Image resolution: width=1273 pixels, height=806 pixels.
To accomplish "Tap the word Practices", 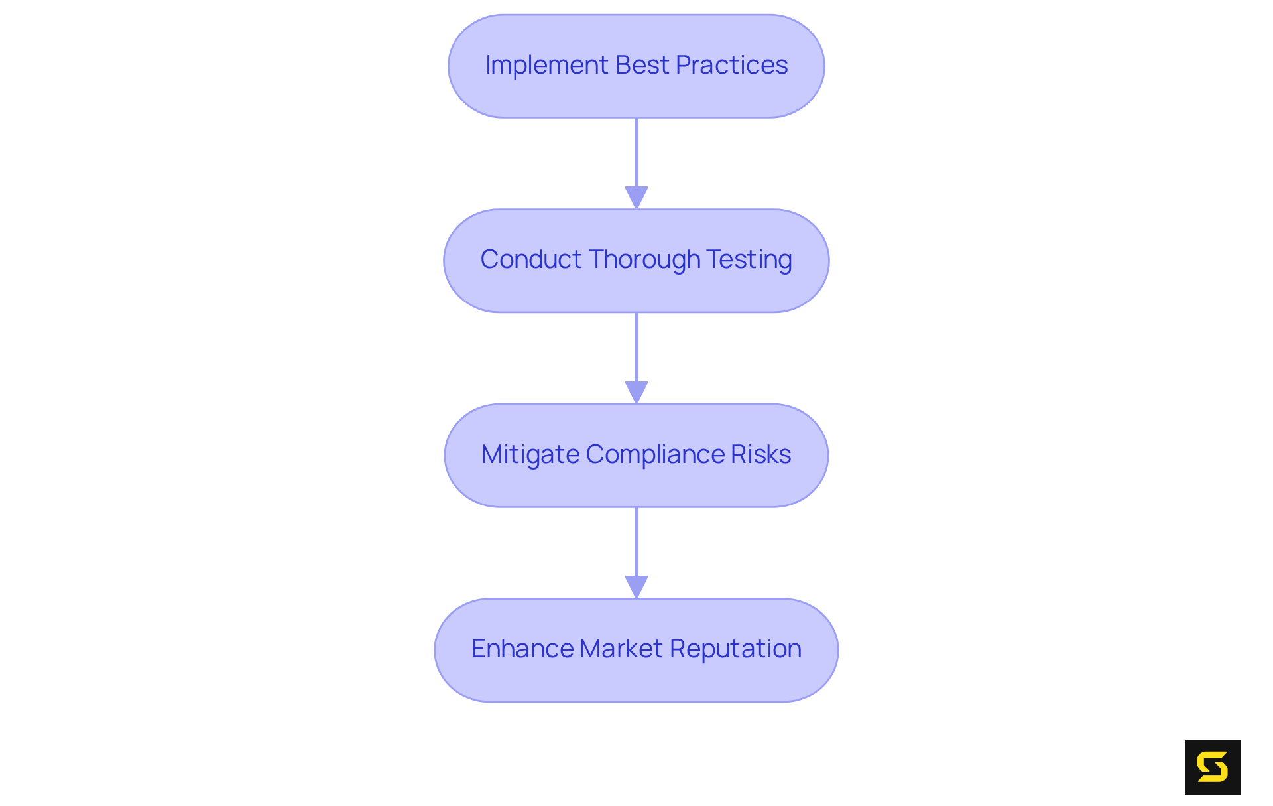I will (x=731, y=65).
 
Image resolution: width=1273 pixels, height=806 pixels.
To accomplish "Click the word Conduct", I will (x=531, y=259).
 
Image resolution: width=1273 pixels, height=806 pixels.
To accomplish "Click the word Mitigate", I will (x=530, y=454).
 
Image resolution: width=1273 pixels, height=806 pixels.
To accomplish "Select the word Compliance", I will (x=655, y=454).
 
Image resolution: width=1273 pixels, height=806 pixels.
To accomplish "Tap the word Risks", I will (x=760, y=454).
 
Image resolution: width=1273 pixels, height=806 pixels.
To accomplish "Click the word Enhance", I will (x=522, y=649).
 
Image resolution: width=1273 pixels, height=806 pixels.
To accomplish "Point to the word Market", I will (x=621, y=649).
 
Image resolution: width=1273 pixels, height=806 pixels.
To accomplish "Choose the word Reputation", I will (x=735, y=649).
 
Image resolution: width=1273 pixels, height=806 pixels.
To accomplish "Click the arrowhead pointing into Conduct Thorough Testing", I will (x=636, y=198).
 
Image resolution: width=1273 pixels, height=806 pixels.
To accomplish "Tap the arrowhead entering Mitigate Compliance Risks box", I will (x=636, y=392).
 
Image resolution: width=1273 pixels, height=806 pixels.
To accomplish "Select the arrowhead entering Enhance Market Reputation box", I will (x=636, y=586).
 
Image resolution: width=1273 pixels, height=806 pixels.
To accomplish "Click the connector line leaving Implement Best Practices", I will (x=636, y=153).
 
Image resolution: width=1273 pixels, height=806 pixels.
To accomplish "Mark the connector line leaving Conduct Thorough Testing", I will (x=636, y=347).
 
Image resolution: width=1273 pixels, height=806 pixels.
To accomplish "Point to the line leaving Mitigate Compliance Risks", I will (x=636, y=541).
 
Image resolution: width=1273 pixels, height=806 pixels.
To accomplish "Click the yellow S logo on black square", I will (x=1213, y=768).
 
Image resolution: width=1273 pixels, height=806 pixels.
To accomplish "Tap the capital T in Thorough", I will (x=595, y=259).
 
